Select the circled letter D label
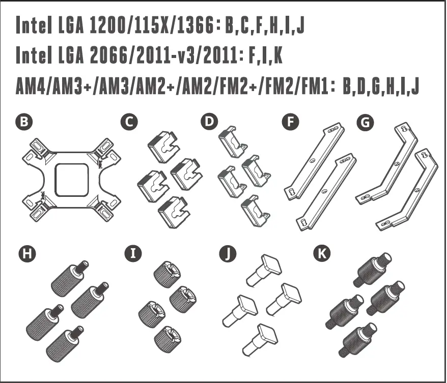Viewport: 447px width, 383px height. pyautogui.click(x=209, y=122)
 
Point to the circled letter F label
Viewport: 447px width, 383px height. pyautogui.click(x=290, y=122)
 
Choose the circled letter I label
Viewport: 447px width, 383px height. pyautogui.click(x=133, y=253)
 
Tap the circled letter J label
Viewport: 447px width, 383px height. pyautogui.click(x=228, y=253)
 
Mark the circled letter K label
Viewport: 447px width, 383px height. pyautogui.click(x=321, y=253)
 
